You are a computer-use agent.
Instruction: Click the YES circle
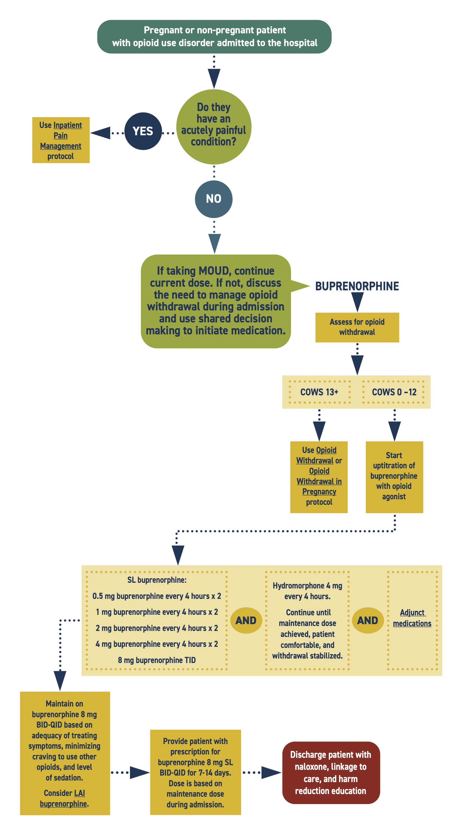click(143, 131)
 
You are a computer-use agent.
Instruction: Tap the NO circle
click(214, 199)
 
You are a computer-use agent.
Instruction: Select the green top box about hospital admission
click(214, 37)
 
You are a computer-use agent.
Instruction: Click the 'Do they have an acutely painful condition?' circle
click(214, 126)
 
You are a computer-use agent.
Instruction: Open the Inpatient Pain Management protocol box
click(61, 140)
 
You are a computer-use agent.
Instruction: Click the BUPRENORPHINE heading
click(357, 286)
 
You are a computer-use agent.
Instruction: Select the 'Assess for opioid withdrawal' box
click(357, 327)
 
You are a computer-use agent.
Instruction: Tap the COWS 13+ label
click(319, 392)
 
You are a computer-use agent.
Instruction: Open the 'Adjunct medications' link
click(412, 618)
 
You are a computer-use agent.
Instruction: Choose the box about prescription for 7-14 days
click(195, 772)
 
